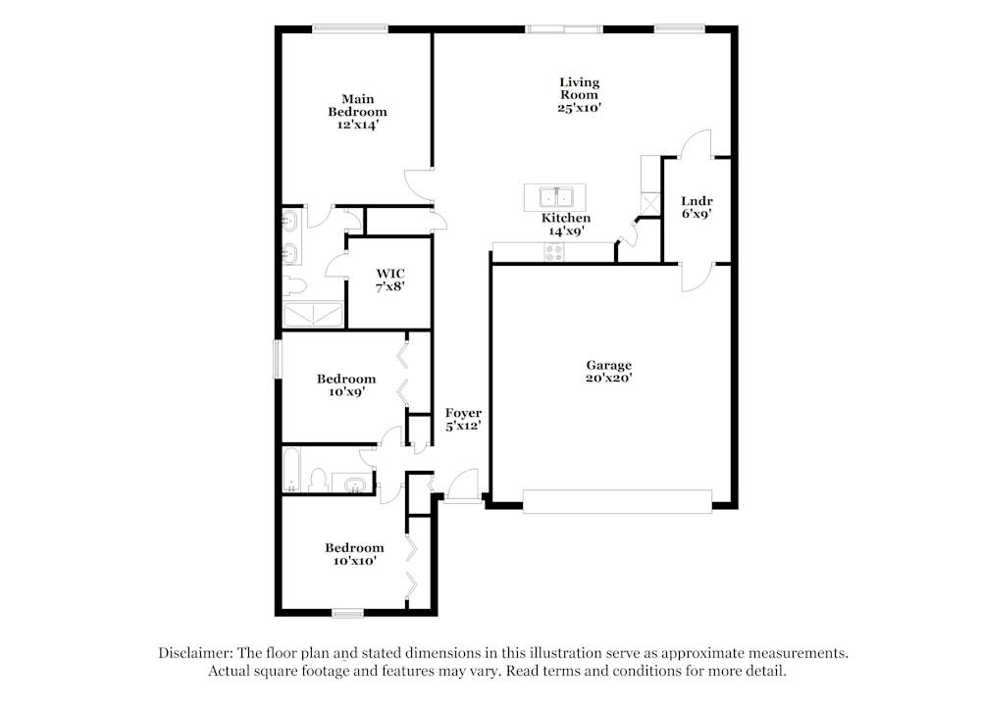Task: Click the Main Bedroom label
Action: (357, 112)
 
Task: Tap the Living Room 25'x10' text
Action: (579, 95)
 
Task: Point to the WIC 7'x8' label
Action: (390, 280)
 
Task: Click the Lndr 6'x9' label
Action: (697, 208)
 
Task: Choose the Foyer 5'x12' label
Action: (463, 419)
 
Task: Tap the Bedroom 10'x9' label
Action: (345, 384)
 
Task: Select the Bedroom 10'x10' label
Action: (354, 554)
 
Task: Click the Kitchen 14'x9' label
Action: (566, 225)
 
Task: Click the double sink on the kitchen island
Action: (555, 193)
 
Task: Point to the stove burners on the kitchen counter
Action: (554, 252)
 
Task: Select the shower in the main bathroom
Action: (314, 314)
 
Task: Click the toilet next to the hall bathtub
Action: (317, 480)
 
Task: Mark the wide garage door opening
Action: (617, 501)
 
